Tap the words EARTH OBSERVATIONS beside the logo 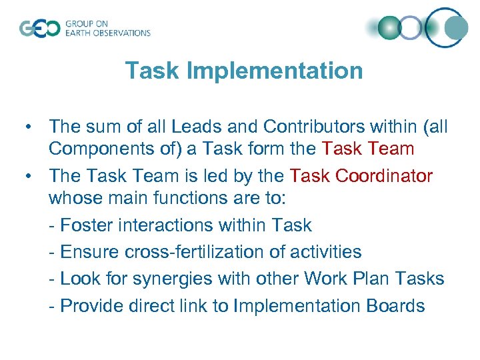coord(107,33)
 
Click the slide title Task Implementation coord(244,70)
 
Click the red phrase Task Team coord(368,149)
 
